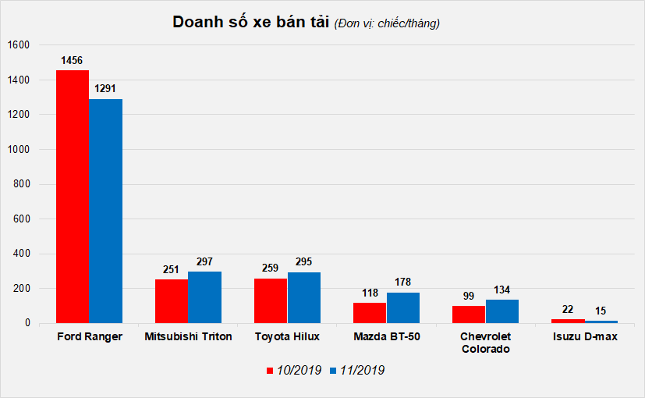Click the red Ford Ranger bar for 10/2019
coord(72,196)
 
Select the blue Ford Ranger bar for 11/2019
coord(105,211)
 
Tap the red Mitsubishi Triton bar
coord(171,301)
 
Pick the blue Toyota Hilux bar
coord(303,297)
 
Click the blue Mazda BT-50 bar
coord(402,307)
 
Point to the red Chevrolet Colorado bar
coord(469,314)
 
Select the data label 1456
coord(73,60)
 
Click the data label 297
coord(204,261)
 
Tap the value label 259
coord(271,268)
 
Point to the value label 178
coord(402,282)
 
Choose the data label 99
coord(469,296)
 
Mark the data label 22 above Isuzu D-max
coord(568,309)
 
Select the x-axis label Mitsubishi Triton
coord(188,337)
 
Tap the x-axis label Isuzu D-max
coord(584,337)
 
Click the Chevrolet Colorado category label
coord(485,343)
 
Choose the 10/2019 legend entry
coord(293,371)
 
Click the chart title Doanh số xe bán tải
coord(251,23)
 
